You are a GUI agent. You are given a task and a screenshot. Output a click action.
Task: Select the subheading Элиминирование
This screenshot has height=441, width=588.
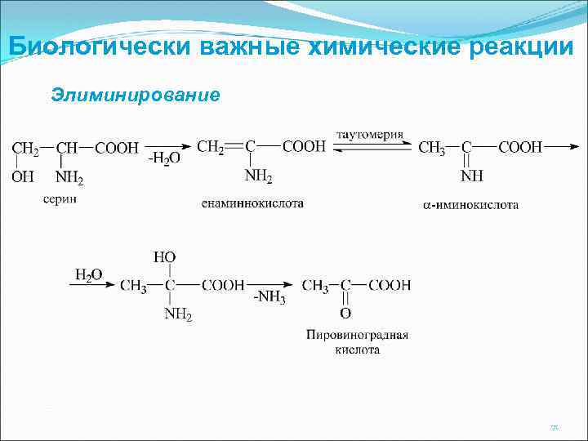pos(136,95)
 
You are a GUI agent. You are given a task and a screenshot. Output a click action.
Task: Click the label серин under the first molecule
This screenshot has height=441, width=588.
pos(60,199)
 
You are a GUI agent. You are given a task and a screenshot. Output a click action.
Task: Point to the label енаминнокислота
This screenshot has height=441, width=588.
pos(252,203)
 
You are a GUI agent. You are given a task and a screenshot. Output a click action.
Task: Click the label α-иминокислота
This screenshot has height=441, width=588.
pos(470,205)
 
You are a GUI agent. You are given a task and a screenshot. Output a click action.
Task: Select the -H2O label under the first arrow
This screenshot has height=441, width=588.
pos(163,158)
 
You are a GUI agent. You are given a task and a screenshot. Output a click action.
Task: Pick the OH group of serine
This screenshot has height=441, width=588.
pos(23,176)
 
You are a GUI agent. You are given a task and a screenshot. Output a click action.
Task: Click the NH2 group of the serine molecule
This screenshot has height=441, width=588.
pos(69,176)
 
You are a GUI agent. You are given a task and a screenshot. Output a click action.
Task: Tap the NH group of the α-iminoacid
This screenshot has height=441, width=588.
pos(471,176)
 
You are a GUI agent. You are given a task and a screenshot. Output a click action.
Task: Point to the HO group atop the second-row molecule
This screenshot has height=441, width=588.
pos(165,257)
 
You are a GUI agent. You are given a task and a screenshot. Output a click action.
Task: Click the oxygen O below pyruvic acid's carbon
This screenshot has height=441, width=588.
pos(345,313)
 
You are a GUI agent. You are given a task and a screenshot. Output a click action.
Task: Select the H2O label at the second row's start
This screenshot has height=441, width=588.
pos(88,274)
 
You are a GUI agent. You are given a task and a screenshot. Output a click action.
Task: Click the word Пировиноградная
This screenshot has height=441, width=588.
pos(358,335)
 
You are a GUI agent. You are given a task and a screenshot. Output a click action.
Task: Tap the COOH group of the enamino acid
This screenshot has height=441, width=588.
pos(304,147)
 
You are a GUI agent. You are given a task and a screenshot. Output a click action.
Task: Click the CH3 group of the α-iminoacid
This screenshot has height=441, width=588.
pos(432,148)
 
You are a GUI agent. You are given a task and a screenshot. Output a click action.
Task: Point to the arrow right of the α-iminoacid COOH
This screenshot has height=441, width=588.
pos(560,147)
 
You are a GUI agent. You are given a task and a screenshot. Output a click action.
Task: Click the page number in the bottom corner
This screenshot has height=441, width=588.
pos(554,426)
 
